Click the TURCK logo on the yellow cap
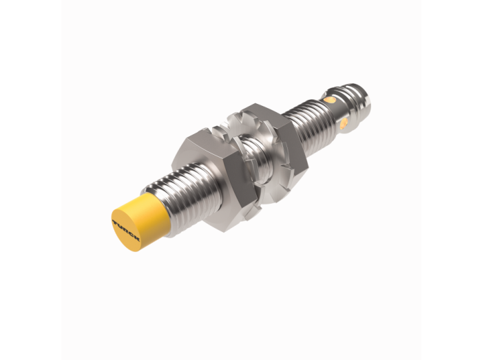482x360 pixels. coord(126,231)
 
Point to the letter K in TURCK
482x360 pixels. coord(137,239)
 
